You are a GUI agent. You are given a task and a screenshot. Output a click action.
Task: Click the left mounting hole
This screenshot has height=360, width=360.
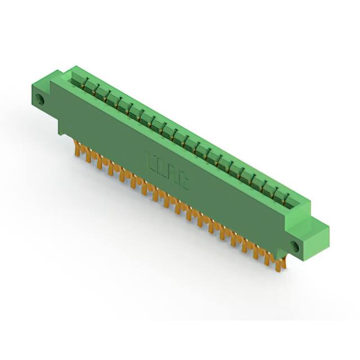pyautogui.click(x=40, y=102)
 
